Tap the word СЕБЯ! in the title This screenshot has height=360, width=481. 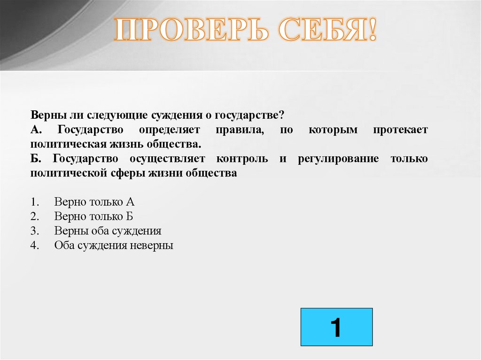(327, 31)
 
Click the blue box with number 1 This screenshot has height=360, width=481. (336, 327)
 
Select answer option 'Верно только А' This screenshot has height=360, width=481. (94, 202)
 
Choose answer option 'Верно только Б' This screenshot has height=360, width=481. (94, 216)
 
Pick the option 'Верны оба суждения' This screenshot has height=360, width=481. (108, 231)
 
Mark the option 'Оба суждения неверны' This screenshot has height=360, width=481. (114, 245)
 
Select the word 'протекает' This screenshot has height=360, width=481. (401, 130)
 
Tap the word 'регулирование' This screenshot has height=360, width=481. (338, 159)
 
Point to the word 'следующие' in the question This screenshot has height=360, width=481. (100, 115)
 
